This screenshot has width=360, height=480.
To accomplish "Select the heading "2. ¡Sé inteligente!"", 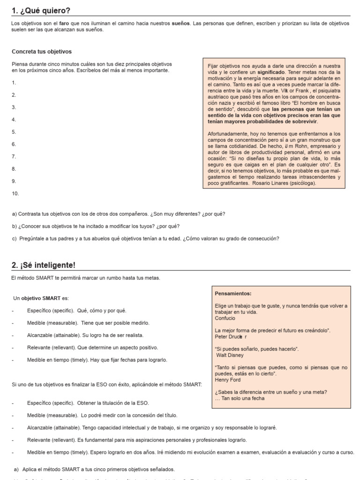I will coord(43,265).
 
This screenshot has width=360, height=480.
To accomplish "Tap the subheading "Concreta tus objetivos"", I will coord(41,52).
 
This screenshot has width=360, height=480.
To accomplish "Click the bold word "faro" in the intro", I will coord(65,23).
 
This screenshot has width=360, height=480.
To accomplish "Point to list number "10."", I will coord(15,193).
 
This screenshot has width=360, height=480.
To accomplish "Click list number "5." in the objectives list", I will coord(14,132).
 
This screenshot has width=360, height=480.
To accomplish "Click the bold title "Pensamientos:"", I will coord(233,293).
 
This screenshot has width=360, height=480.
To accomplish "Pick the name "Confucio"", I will coord(225,318).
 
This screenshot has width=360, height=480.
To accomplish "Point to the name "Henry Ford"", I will coord(228,380).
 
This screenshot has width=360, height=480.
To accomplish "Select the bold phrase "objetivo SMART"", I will coord(41,298).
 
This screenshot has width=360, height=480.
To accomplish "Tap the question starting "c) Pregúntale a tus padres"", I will coord(145,239).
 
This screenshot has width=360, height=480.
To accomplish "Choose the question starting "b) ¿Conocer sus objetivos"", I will coord(96,226).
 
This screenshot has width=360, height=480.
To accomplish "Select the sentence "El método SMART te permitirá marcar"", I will coord(86,278).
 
